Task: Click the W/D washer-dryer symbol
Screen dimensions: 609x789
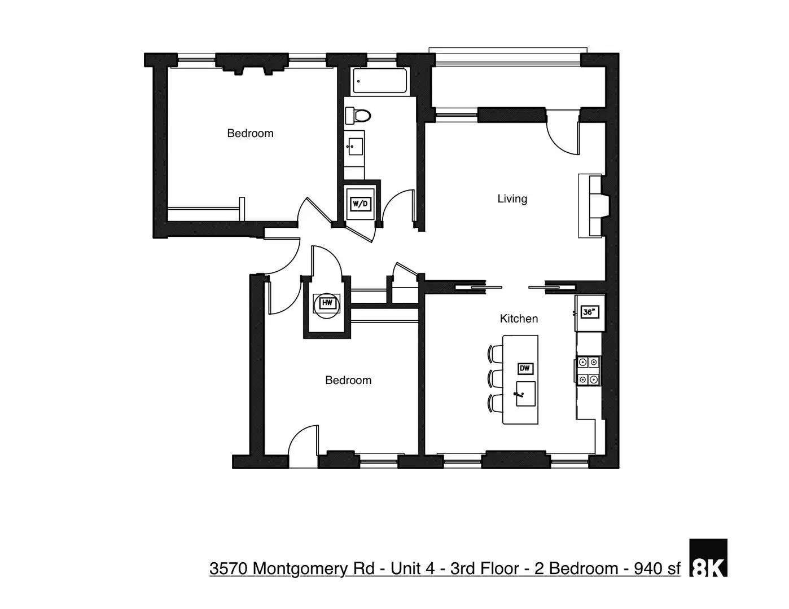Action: [x=360, y=204]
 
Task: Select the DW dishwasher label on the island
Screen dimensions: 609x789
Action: [x=525, y=369]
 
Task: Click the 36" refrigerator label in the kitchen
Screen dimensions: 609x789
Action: [x=589, y=312]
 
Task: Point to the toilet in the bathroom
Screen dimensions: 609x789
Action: [x=358, y=116]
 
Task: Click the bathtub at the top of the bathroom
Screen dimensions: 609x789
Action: [x=379, y=81]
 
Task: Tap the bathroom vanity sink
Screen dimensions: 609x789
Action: [x=355, y=147]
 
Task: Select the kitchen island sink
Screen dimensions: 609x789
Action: [x=525, y=393]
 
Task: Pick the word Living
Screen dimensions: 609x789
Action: [x=512, y=198]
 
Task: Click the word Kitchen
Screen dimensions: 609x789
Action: [x=519, y=319]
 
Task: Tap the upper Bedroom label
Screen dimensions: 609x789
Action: [x=250, y=133]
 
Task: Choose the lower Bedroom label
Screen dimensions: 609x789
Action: [x=348, y=380]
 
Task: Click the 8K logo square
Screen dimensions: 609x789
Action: [x=708, y=558]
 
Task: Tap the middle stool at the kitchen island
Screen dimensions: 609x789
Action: [x=495, y=378]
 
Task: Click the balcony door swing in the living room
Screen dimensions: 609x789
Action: [x=562, y=135]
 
